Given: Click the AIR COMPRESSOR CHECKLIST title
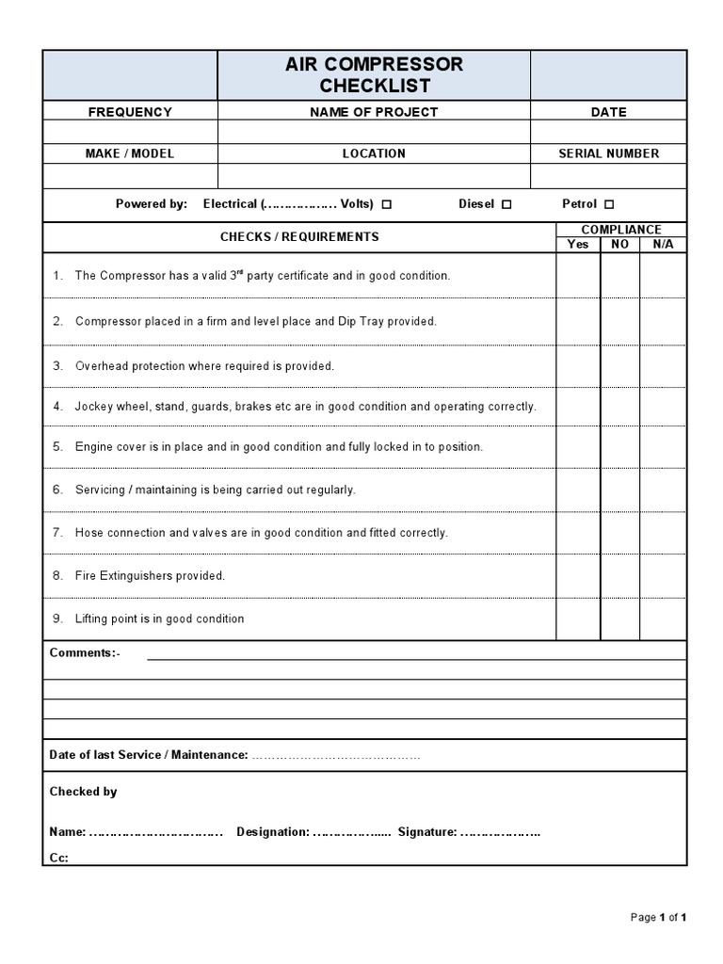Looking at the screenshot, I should click(374, 75).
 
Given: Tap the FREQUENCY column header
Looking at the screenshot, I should click(130, 112).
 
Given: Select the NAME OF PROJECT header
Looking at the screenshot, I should click(374, 112).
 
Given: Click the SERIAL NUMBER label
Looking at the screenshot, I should click(608, 153).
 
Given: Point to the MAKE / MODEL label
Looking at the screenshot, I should click(130, 153).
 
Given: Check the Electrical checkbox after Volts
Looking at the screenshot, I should click(387, 204).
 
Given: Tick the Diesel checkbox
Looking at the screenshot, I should click(506, 204).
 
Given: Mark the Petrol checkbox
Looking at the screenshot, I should click(609, 204).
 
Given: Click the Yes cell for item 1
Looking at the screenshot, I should click(578, 276).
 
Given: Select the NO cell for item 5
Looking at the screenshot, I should click(619, 447).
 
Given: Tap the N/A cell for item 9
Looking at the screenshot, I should click(663, 619).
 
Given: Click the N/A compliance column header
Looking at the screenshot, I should click(663, 244).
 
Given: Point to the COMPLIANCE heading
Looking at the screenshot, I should click(620, 230).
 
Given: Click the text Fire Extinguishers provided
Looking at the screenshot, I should click(150, 576).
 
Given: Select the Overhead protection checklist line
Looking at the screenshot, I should click(204, 366).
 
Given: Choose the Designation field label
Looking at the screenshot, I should click(272, 832).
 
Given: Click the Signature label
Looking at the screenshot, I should click(426, 832).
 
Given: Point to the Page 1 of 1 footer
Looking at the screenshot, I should click(658, 917).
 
